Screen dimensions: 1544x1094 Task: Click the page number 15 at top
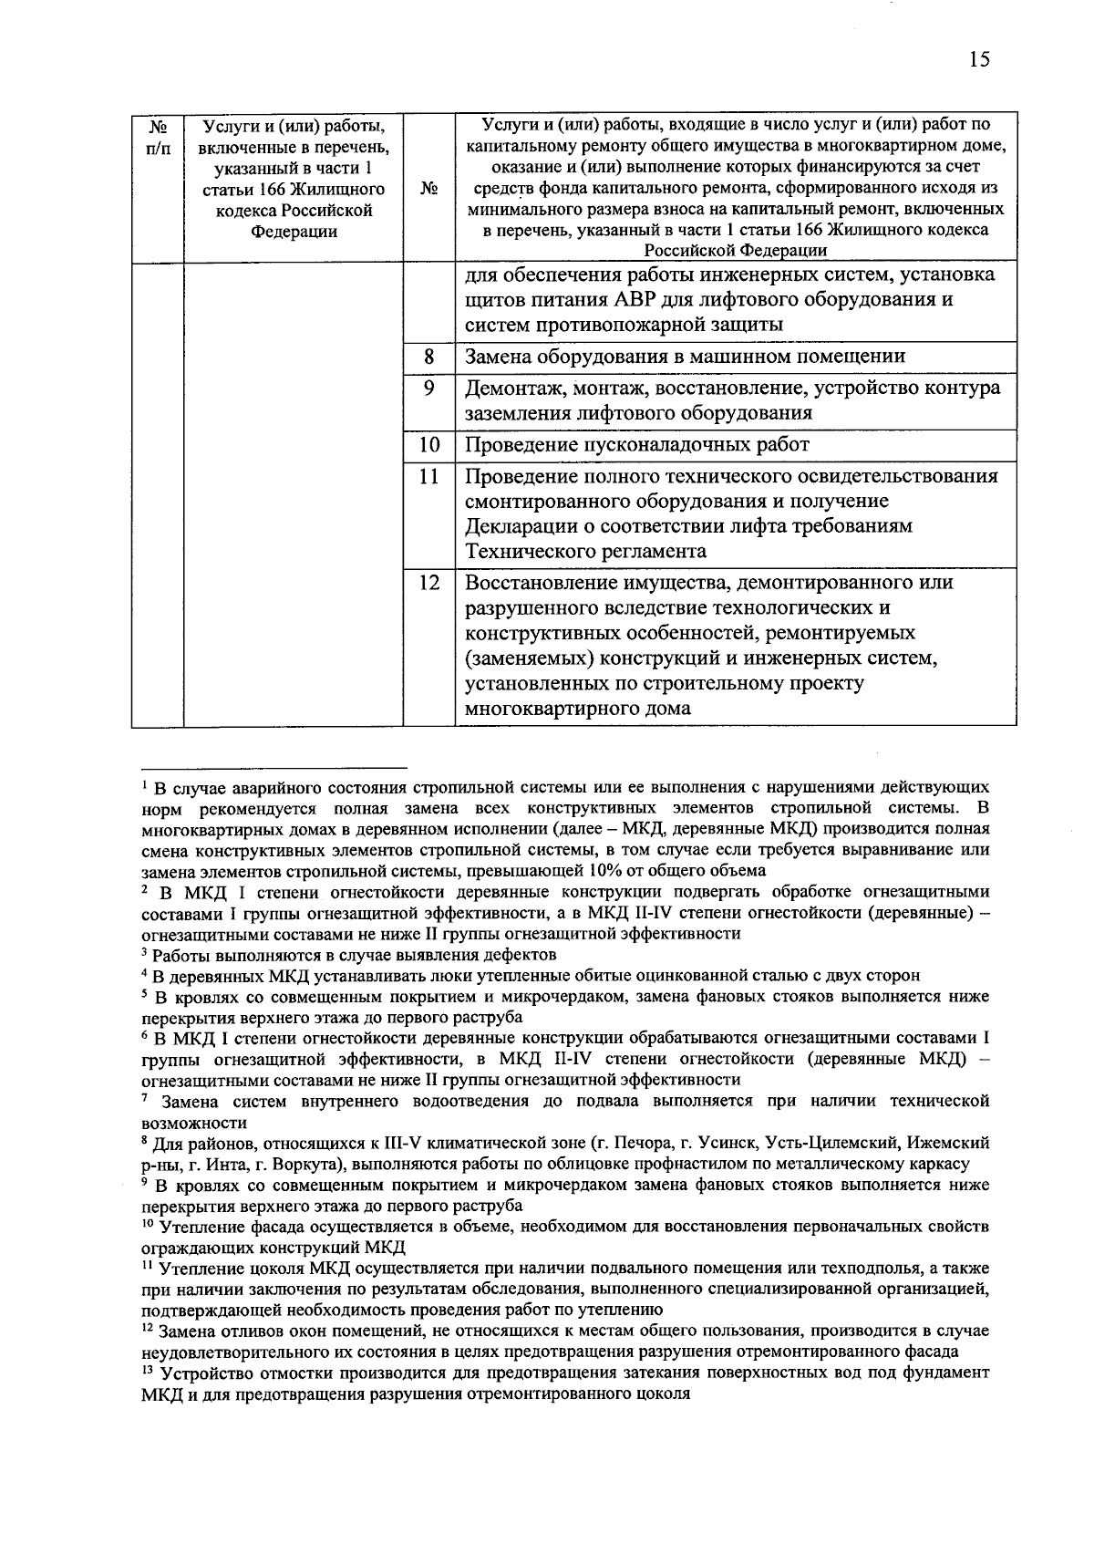coord(979,60)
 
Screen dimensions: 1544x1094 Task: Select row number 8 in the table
coord(428,357)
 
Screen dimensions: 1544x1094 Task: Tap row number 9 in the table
coord(428,388)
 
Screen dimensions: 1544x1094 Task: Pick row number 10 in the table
coord(428,445)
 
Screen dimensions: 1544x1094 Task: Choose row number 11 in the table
coord(428,476)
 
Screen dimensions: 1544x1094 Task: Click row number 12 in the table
coord(428,582)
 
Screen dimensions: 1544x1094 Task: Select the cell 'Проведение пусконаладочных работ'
coord(637,446)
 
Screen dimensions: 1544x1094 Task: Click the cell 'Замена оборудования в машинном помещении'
coord(685,358)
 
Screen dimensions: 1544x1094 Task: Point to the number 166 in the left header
coord(266,190)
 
